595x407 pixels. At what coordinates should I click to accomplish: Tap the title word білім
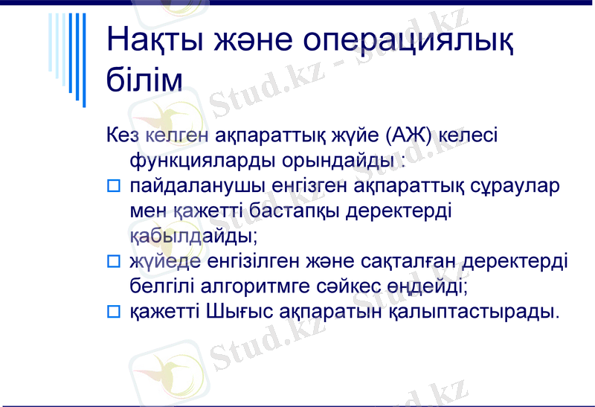pyautogui.click(x=144, y=80)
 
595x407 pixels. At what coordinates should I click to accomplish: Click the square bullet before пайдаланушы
pyautogui.click(x=113, y=186)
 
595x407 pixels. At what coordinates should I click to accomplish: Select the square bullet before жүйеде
pyautogui.click(x=113, y=261)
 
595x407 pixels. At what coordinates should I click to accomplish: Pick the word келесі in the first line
pyautogui.click(x=469, y=136)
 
